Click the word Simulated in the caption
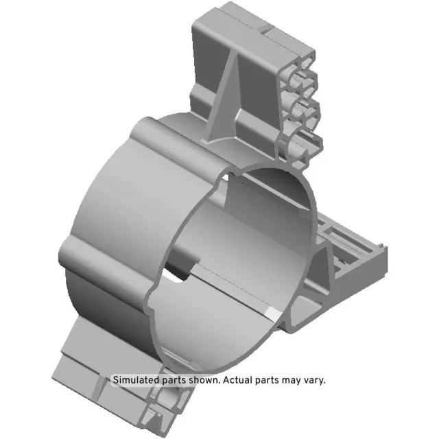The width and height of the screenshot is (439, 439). [136, 379]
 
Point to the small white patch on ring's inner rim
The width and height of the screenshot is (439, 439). [272, 313]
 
